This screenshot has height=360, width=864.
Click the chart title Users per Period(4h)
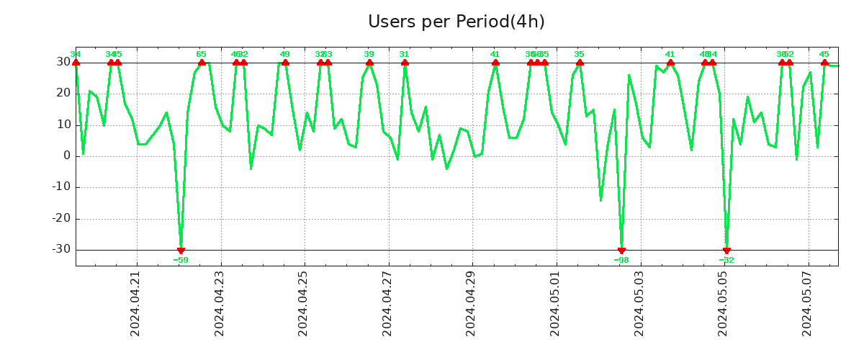click(x=456, y=22)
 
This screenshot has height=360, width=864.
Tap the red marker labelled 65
click(x=202, y=63)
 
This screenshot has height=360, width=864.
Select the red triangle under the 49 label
click(x=285, y=63)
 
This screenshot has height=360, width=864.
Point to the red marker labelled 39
click(x=369, y=63)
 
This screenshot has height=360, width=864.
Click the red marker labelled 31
click(x=405, y=63)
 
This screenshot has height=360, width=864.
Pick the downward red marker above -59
click(x=181, y=250)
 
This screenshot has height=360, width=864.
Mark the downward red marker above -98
click(x=621, y=250)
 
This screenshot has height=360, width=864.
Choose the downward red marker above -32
click(x=726, y=250)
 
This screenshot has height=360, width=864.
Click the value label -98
click(x=621, y=260)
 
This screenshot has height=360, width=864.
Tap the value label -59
click(x=181, y=260)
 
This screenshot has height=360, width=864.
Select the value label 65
click(x=202, y=54)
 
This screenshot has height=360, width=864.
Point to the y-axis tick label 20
click(x=63, y=94)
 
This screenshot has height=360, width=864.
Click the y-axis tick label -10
click(x=60, y=187)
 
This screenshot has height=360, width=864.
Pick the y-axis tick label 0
click(x=67, y=156)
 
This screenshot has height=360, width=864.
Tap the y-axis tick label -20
click(x=60, y=219)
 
